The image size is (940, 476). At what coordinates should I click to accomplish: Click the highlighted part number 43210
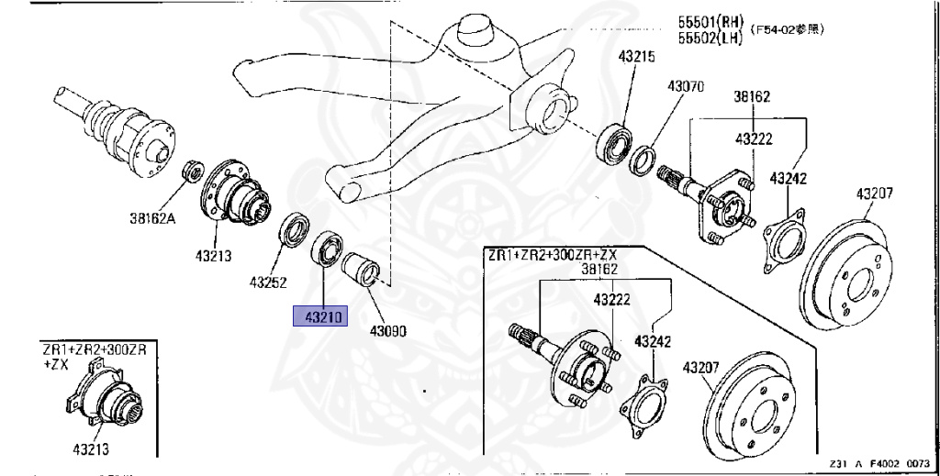click(317, 317)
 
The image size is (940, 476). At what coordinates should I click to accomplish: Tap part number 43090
click(387, 330)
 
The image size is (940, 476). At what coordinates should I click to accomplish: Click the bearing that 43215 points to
click(612, 142)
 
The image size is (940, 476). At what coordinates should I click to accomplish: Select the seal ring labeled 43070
click(644, 158)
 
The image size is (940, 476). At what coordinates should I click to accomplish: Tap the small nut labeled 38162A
click(193, 171)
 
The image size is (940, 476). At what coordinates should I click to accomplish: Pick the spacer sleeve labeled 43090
click(359, 271)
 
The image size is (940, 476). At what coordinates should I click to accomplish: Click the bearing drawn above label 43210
click(327, 249)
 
